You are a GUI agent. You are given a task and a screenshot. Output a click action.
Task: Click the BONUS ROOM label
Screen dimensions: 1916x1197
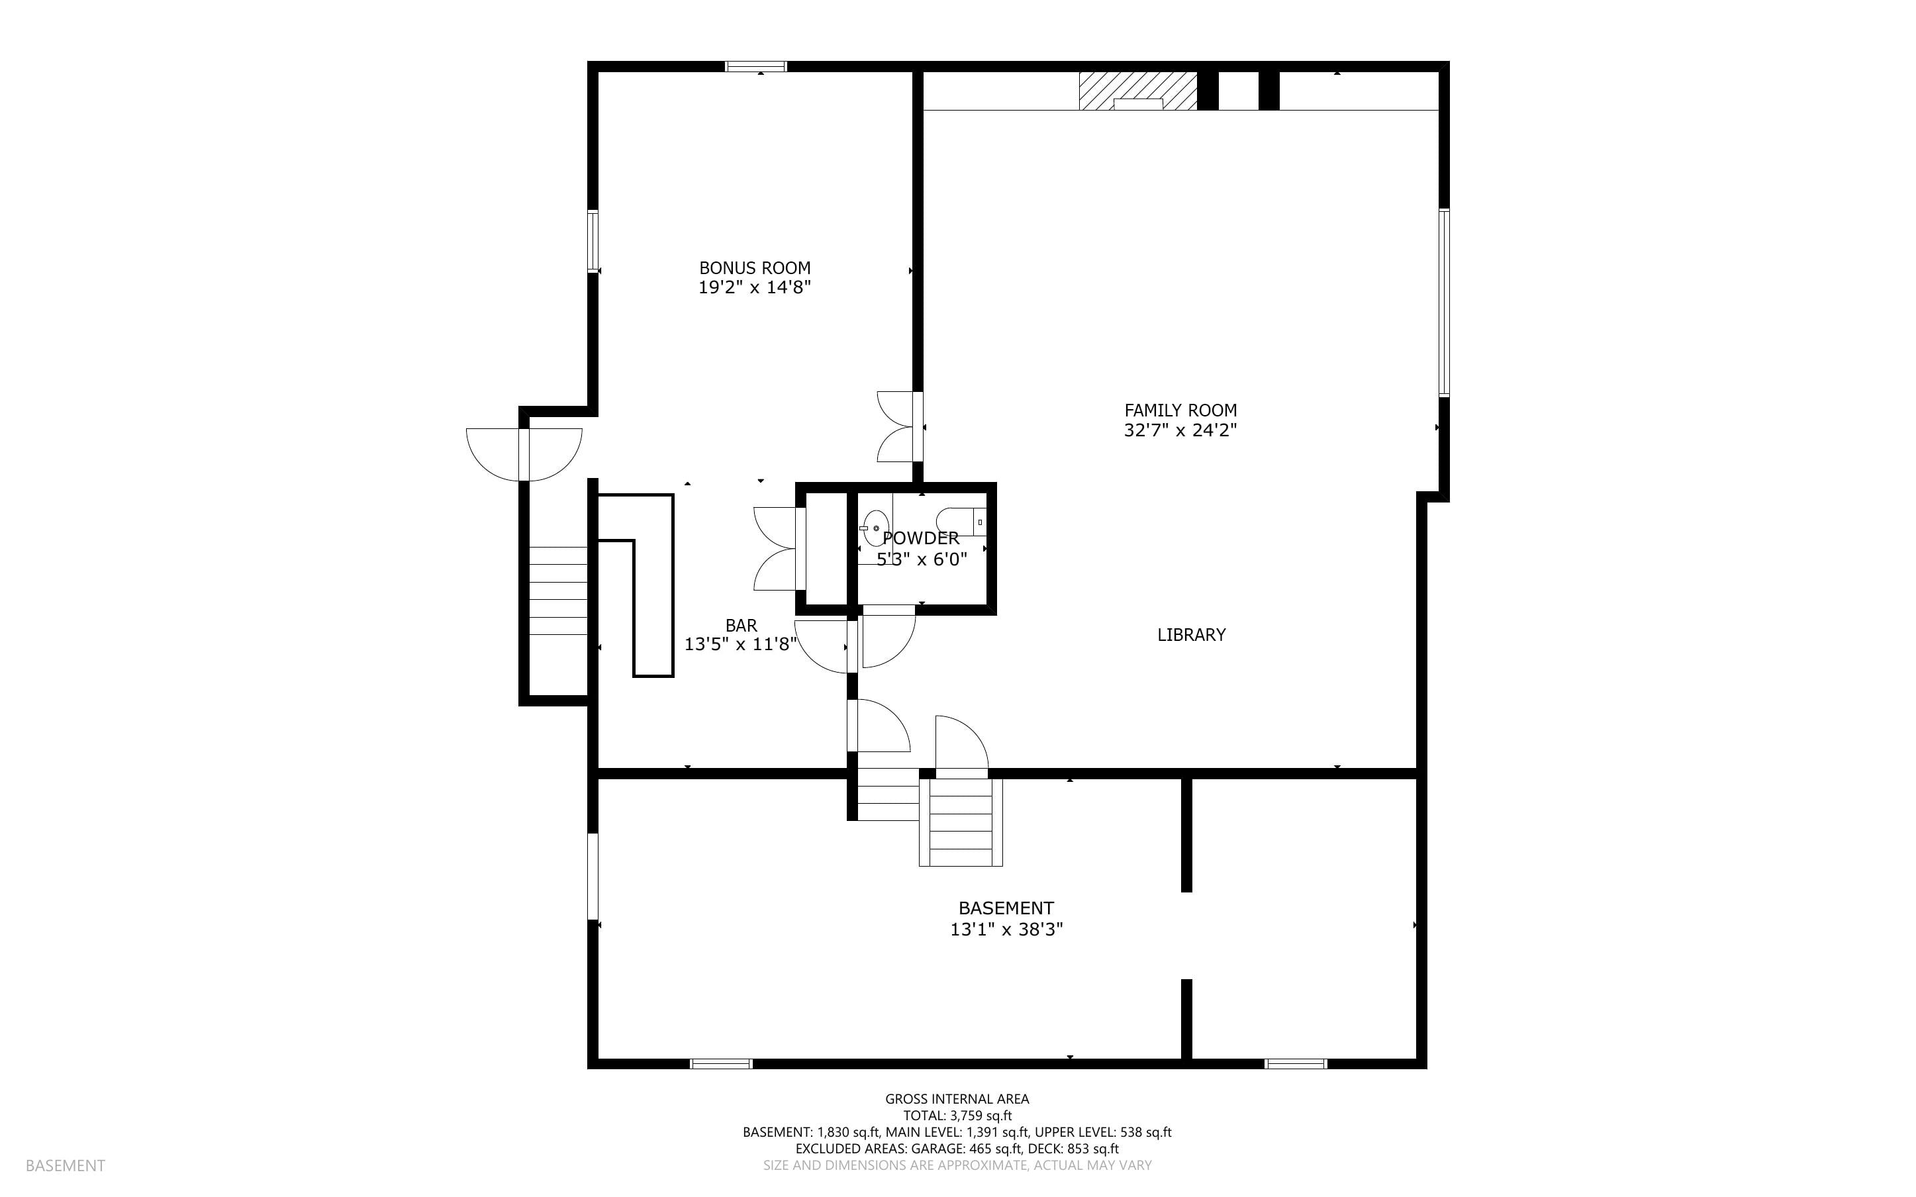(754, 267)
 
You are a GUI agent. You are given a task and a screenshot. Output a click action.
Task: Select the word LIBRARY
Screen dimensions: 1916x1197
(1191, 634)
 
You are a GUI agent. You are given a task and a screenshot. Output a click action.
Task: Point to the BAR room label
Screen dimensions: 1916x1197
(741, 626)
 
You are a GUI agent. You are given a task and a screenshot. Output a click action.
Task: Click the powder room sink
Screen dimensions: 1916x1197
(875, 528)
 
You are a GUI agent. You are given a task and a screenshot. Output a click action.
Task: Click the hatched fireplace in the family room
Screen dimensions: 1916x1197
(1138, 91)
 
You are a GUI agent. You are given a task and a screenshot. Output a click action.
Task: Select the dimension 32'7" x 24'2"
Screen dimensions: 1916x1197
(1180, 430)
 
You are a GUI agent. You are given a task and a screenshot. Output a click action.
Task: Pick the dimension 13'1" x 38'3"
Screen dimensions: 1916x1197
(1006, 929)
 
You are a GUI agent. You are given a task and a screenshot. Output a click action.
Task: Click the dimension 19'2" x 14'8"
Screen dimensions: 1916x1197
(754, 287)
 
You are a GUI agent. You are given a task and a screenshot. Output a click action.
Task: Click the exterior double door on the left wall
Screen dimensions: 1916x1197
(524, 454)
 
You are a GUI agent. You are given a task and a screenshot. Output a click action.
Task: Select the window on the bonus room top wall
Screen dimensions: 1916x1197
(757, 66)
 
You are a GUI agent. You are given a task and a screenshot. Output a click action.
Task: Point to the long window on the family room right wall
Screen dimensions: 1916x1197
(1443, 303)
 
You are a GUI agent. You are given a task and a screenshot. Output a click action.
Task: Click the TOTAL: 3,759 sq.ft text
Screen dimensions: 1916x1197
(957, 1116)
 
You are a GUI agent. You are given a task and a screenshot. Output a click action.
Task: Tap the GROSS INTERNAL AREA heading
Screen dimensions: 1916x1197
(957, 1099)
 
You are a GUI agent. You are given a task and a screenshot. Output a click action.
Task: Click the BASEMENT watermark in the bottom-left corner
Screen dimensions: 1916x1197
(65, 1165)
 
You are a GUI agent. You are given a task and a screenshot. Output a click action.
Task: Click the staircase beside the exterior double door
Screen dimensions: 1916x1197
(558, 591)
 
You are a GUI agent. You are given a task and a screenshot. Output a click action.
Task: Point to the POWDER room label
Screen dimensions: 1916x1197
(920, 538)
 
